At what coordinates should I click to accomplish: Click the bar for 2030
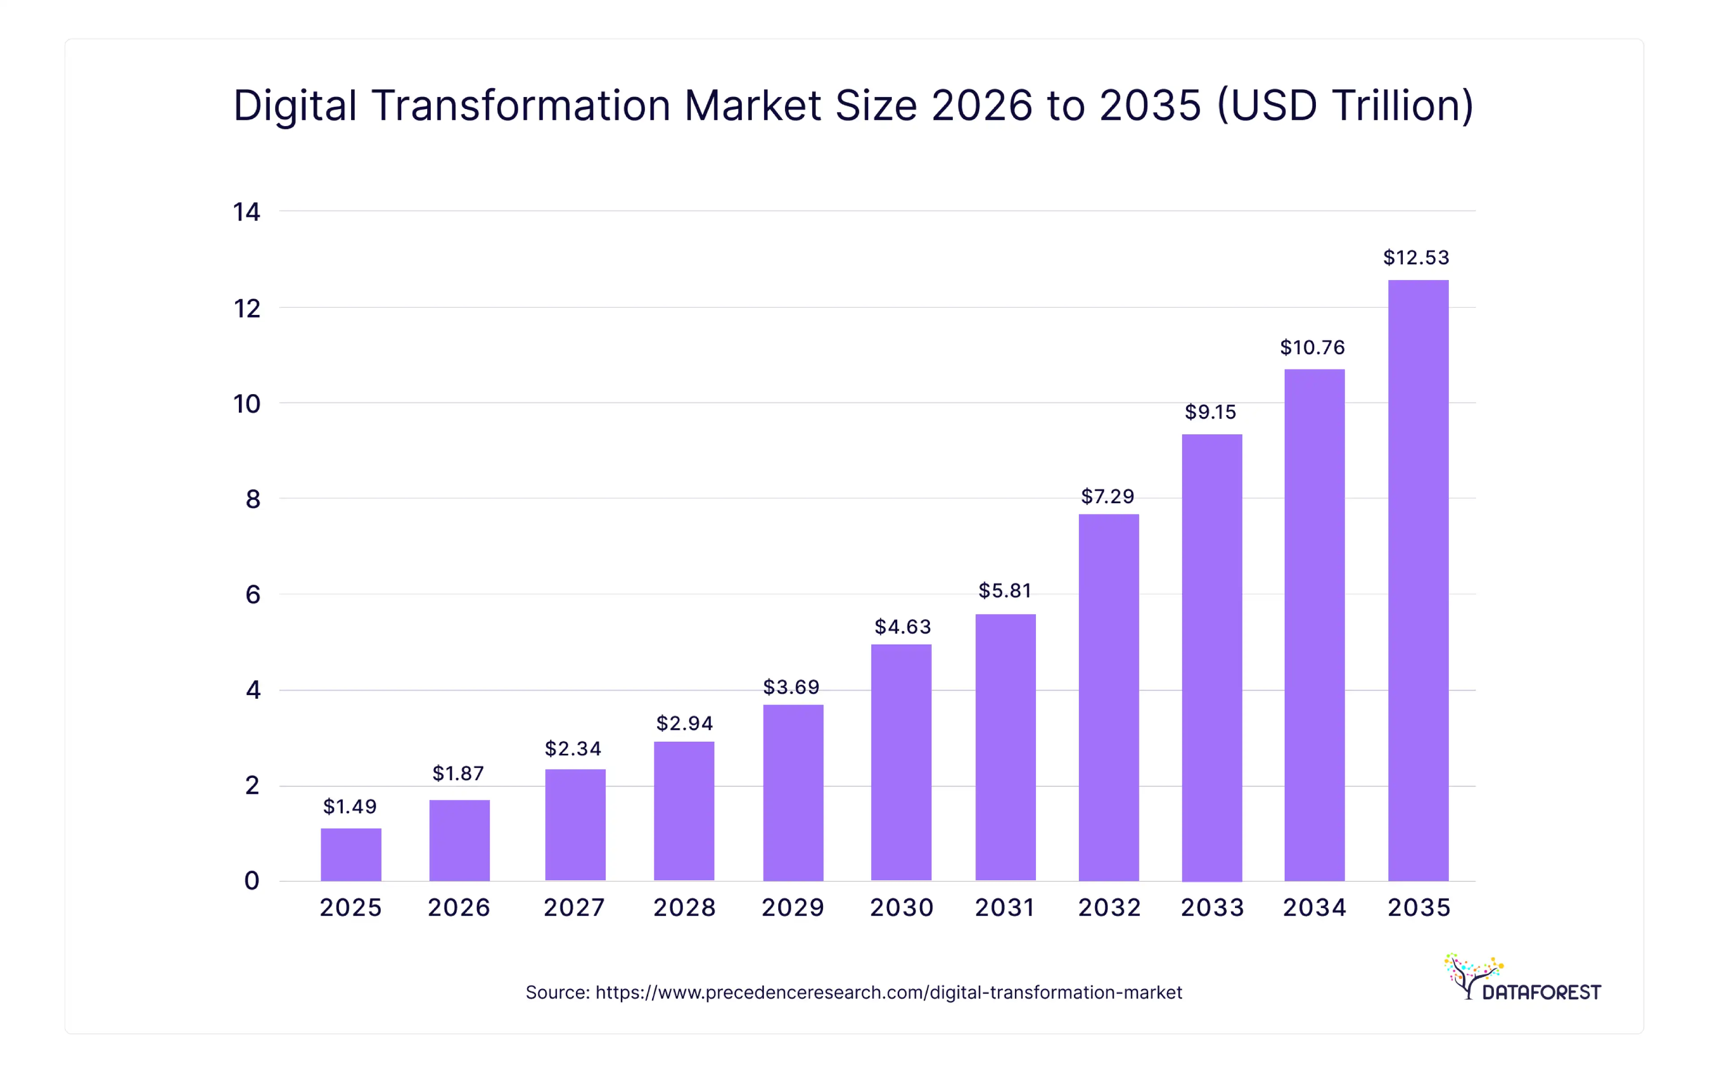(901, 762)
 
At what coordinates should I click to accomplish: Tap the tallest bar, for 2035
(1418, 580)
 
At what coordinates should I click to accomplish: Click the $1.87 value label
(458, 773)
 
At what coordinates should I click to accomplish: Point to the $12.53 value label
(1417, 258)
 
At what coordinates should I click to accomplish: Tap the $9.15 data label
(1210, 412)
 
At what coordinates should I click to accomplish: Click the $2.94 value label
(684, 723)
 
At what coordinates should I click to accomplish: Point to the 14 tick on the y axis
(247, 212)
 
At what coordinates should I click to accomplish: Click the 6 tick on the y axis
(253, 594)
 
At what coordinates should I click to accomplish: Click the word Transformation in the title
(520, 106)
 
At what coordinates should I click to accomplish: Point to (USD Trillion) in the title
(1344, 106)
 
